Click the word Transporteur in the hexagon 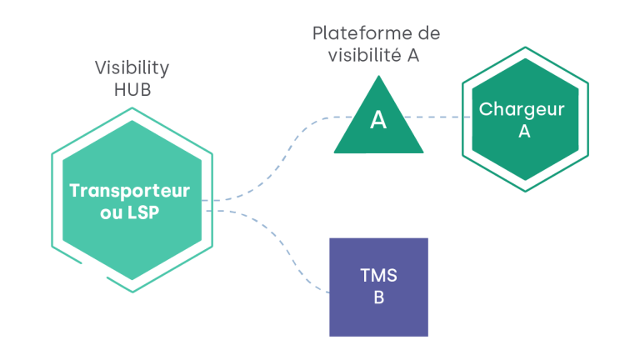pos(129,191)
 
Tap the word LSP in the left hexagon pos(144,212)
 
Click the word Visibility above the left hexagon pos(132,68)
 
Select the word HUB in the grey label pos(132,90)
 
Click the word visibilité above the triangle pos(360,56)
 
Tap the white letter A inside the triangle pos(378,120)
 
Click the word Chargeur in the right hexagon pos(522,109)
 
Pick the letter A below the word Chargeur pos(524,131)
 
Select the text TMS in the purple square pos(378,275)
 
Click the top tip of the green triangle pos(379,77)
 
